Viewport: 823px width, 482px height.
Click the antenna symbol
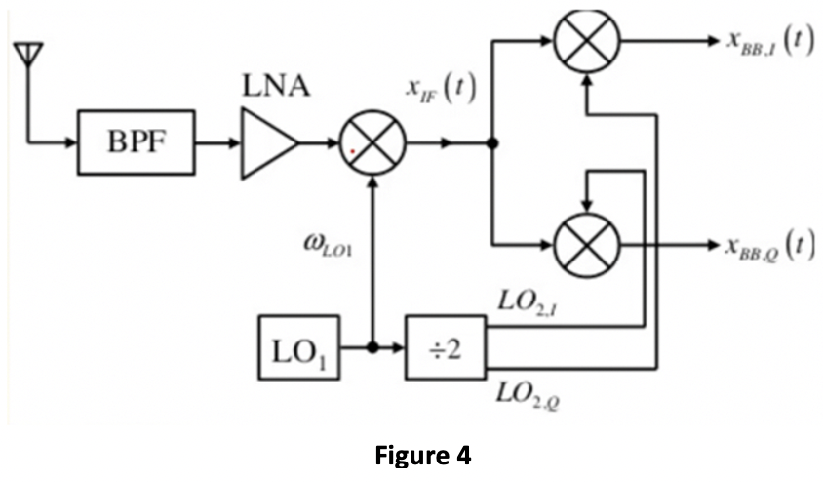(23, 58)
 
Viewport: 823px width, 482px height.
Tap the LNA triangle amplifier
(268, 143)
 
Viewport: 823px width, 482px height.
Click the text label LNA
(276, 89)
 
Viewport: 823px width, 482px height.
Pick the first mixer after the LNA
(372, 143)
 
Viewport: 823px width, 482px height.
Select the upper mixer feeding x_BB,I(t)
(586, 43)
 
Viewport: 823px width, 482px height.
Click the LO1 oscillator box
(299, 347)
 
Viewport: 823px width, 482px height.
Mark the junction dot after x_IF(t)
(493, 143)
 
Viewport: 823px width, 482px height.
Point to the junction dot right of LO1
(372, 347)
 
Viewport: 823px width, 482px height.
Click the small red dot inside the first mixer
(353, 150)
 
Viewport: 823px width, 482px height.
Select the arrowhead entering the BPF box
(71, 143)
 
